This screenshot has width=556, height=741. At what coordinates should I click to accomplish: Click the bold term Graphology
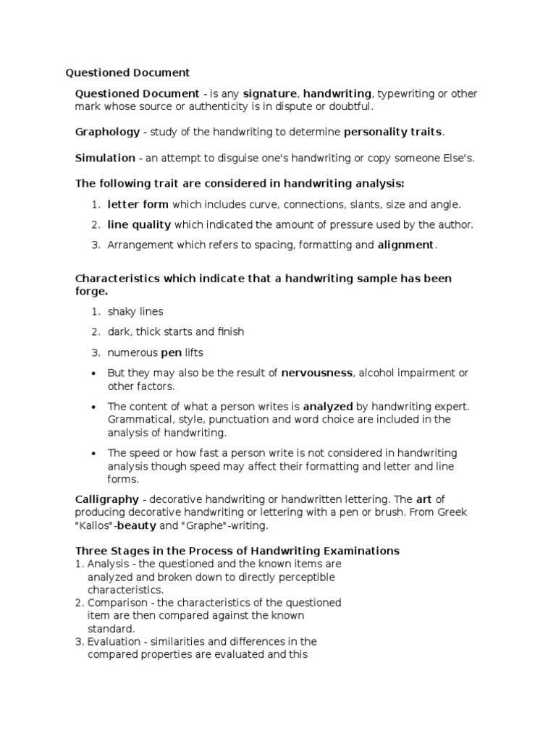(x=107, y=132)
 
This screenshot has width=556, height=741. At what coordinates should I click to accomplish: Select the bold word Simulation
(x=105, y=158)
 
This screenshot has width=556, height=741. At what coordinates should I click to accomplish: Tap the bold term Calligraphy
(x=106, y=499)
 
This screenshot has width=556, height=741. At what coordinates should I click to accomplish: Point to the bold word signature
(x=269, y=94)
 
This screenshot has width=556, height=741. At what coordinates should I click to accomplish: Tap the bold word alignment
(x=405, y=245)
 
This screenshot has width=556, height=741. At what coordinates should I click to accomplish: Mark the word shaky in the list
(x=122, y=312)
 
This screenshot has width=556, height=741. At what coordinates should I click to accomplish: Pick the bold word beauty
(x=137, y=526)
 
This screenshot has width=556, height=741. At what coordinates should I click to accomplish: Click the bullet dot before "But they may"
(x=94, y=373)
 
